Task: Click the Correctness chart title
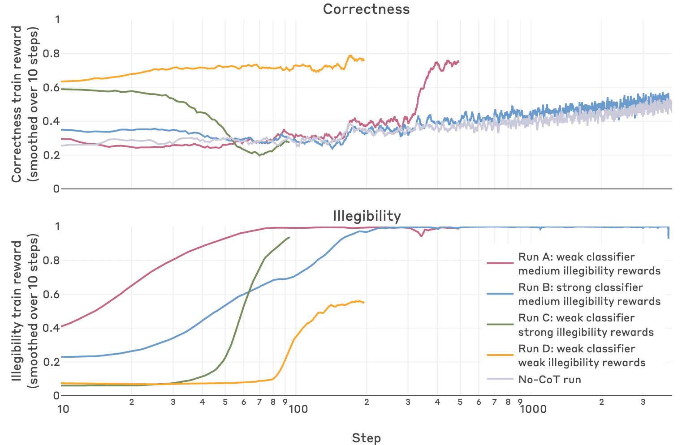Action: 366,9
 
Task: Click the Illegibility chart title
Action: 366,216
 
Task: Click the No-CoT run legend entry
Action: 549,380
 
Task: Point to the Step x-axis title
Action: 366,438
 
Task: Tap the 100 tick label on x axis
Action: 298,409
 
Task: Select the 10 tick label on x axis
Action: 63,409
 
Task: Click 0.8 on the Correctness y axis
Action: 51,54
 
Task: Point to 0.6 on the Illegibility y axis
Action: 51,295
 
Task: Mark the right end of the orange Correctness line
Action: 364,60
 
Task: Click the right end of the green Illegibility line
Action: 289,237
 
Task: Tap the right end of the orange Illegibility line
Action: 364,303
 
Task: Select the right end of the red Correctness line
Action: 458,61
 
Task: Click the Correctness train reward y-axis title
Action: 25,104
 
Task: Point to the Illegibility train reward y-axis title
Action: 25,311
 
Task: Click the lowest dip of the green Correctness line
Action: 259,155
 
